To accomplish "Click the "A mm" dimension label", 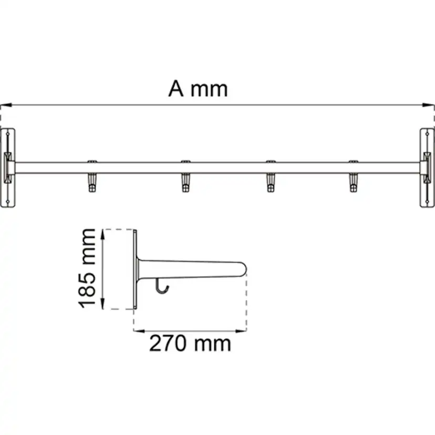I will pos(198,89).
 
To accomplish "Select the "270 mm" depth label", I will pos(190,344).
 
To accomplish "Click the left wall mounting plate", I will pos(8,168).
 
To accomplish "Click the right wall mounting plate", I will pos(427,168).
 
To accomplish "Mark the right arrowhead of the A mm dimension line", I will pos(432,105).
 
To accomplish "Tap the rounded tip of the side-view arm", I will pos(242,268).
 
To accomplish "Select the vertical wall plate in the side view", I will pos(136,269).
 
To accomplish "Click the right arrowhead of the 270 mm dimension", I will pos(244,331).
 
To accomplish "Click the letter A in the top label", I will pos(177,89).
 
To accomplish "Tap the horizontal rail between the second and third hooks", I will pos(227,168).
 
